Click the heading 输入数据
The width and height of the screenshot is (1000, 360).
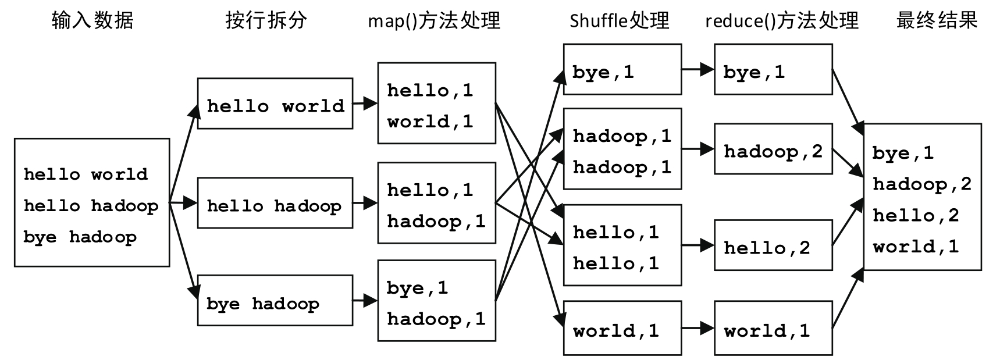(x=92, y=21)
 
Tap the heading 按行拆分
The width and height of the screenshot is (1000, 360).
(x=266, y=21)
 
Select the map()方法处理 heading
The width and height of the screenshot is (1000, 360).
(x=434, y=21)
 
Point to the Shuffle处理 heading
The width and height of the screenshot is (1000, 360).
(x=619, y=21)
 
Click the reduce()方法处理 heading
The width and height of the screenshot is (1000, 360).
(x=781, y=21)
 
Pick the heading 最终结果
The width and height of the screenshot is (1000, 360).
(x=937, y=21)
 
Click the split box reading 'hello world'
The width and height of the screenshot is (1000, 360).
(x=275, y=104)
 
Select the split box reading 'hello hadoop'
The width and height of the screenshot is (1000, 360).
(x=275, y=203)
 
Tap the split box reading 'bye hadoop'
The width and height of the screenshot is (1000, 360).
(x=275, y=301)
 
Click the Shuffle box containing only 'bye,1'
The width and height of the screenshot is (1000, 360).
(x=622, y=69)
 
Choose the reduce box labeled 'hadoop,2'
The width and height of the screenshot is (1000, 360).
(x=773, y=149)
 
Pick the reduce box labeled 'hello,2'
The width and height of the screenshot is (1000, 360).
(x=773, y=245)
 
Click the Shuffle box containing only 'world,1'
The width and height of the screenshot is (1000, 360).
(x=622, y=328)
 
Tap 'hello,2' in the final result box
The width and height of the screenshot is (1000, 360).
(x=916, y=216)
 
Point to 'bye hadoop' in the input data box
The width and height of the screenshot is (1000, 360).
(x=80, y=237)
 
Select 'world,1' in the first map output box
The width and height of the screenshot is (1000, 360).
(x=430, y=122)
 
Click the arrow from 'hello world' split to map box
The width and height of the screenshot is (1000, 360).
(x=365, y=104)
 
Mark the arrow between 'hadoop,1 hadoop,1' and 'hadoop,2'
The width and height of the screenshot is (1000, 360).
(x=697, y=149)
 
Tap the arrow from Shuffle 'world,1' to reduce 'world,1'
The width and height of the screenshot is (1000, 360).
(x=697, y=328)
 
